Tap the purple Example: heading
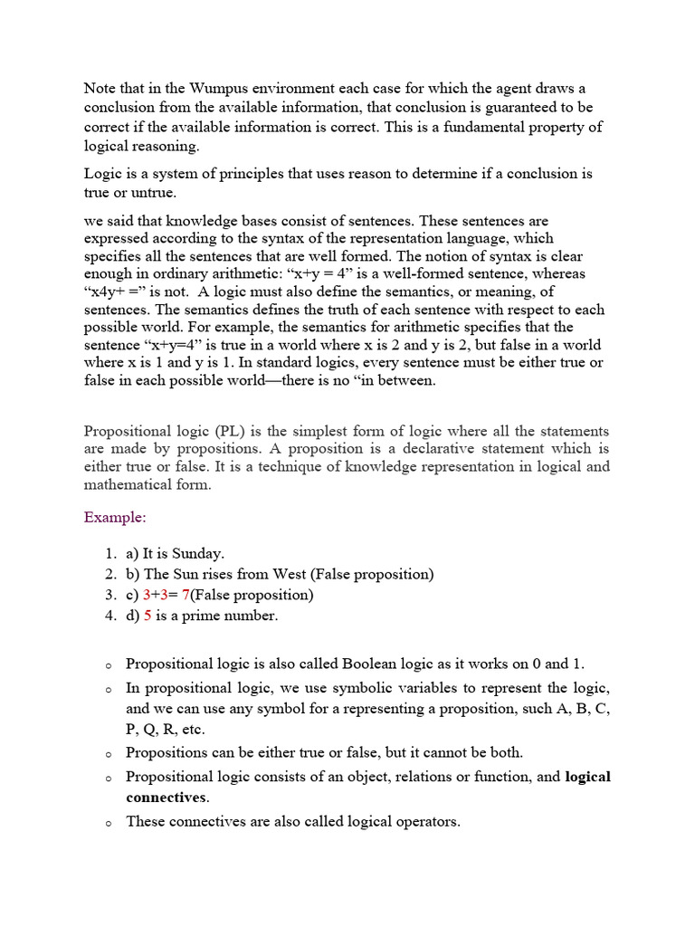point(115,518)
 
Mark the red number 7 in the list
point(186,595)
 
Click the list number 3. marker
point(109,595)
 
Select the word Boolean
point(363,664)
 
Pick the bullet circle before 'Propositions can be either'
point(107,754)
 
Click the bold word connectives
point(167,798)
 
